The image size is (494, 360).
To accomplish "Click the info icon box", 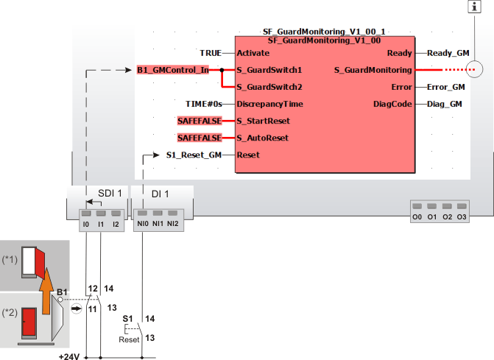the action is (474, 7).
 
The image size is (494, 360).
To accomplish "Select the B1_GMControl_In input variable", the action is (173, 70).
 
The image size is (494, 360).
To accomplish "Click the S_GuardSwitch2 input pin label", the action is (269, 87).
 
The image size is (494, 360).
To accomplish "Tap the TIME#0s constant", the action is (204, 104).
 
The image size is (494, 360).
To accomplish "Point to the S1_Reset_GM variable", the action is (194, 155).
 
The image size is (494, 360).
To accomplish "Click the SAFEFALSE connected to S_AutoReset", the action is (200, 138).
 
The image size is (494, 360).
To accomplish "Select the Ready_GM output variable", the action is (448, 53).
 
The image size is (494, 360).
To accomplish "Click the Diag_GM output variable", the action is (444, 104).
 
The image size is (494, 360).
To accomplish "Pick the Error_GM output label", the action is (446, 87).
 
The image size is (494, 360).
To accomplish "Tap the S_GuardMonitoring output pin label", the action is (373, 70).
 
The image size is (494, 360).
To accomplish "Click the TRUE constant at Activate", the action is (211, 53).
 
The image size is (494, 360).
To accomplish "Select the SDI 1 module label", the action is (110, 194).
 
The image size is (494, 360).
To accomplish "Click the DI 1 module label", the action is (160, 194).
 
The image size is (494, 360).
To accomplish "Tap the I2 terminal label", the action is (116, 225).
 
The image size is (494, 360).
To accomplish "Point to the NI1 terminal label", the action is (158, 224).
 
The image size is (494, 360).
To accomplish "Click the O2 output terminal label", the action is (448, 217).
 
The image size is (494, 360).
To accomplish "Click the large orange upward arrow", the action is (46, 291).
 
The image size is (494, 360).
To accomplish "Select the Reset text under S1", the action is (129, 340).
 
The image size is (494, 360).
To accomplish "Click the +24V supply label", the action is (69, 356).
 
